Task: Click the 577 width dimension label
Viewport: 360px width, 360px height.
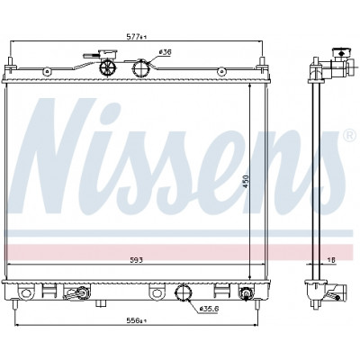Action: click(137, 37)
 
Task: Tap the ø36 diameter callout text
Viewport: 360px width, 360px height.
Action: click(165, 52)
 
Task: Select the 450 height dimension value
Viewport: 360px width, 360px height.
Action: click(246, 181)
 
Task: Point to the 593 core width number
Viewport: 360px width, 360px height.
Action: click(137, 260)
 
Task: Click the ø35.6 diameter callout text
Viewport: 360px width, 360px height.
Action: click(209, 308)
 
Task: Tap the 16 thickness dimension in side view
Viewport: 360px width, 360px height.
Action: click(331, 260)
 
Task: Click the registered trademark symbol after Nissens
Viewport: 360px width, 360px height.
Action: click(348, 135)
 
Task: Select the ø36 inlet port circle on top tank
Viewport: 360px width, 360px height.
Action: click(141, 68)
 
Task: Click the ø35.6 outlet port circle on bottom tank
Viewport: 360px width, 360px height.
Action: click(183, 292)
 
